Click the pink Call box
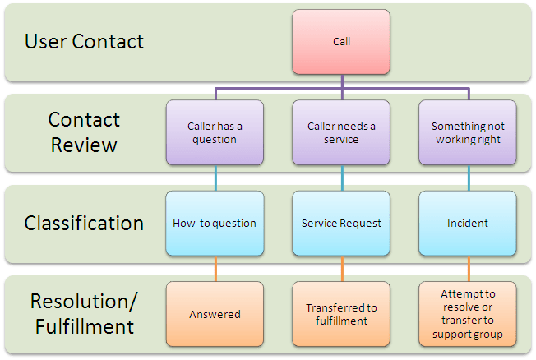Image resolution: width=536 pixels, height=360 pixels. coord(341,41)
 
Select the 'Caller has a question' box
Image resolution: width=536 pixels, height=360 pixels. coord(215,132)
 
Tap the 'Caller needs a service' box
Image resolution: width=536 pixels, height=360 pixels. coord(341,132)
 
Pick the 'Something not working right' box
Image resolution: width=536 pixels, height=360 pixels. coord(468,132)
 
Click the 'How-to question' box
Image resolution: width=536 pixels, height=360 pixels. coord(215,223)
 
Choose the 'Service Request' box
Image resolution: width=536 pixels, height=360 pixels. coord(341,223)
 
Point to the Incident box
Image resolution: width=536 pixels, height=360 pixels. coord(468,223)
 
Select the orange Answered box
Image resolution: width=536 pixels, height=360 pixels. coord(215,313)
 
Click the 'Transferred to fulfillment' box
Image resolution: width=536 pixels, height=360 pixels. coord(341,313)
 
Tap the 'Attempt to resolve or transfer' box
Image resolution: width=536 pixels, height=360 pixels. coord(468,313)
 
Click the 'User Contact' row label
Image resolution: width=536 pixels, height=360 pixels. coord(84,41)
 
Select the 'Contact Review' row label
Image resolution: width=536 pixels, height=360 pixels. coord(84,132)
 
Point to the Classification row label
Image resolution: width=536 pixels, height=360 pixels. coord(84,223)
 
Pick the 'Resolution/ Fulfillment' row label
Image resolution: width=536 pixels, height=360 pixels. coord(84,313)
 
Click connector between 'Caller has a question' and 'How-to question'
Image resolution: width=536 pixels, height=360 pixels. coord(215,178)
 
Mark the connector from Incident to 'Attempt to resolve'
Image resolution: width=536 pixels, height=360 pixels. coord(468,268)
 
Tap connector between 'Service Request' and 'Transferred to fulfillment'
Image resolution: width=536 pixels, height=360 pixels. coord(341,268)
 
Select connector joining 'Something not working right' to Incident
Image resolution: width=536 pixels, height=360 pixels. coord(468,178)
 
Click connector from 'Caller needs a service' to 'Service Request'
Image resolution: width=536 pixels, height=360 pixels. coord(341,178)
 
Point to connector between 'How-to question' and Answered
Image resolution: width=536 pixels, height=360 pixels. coord(215,268)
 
